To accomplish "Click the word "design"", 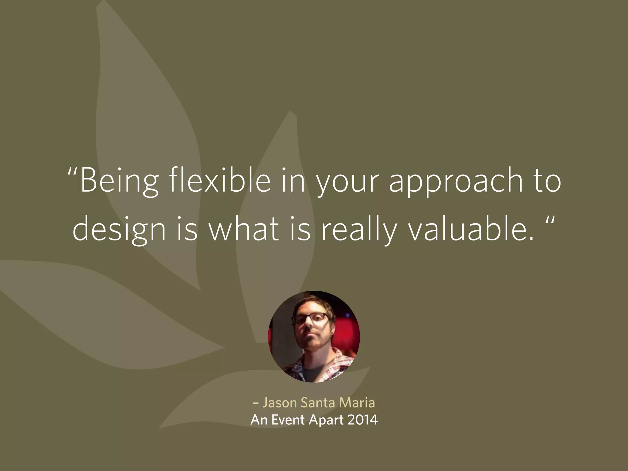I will (x=119, y=231).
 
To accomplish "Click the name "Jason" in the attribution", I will (x=280, y=403).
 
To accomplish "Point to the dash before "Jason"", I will (x=256, y=403).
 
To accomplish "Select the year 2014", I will (x=363, y=420).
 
